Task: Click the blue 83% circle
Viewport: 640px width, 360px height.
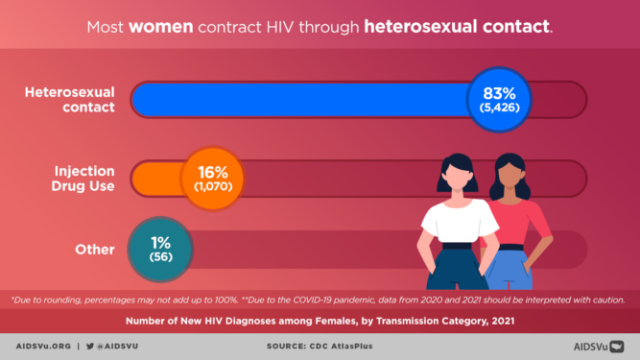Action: pyautogui.click(x=498, y=100)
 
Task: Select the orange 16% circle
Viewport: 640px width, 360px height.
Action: pyautogui.click(x=211, y=178)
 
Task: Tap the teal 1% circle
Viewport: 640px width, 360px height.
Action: pyautogui.click(x=160, y=250)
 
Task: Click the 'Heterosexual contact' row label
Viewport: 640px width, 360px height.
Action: pyautogui.click(x=69, y=100)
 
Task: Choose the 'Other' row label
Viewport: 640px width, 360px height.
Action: pyautogui.click(x=95, y=250)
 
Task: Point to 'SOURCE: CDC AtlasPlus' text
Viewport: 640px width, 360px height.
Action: pyautogui.click(x=320, y=345)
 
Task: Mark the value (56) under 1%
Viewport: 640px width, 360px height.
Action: pyautogui.click(x=160, y=259)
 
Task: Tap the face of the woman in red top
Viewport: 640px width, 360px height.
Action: pyautogui.click(x=510, y=179)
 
